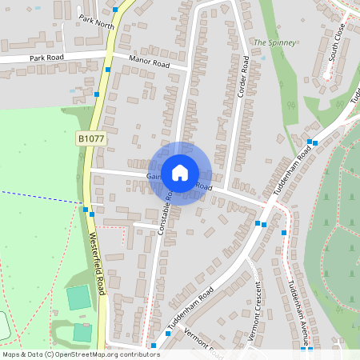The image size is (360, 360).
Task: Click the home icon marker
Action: (x=180, y=173)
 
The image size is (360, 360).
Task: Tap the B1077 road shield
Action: (x=91, y=139)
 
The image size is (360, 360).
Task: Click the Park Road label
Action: (x=46, y=58)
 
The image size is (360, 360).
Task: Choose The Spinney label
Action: (x=274, y=42)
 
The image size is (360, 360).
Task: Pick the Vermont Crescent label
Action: (x=254, y=312)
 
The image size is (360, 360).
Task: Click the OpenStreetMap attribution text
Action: (x=80, y=354)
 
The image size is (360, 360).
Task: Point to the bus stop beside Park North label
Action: (x=116, y=10)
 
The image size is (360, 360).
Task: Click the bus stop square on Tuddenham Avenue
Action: (x=284, y=233)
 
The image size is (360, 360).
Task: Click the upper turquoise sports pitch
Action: (x=78, y=298)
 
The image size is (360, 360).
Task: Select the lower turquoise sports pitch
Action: (x=82, y=331)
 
